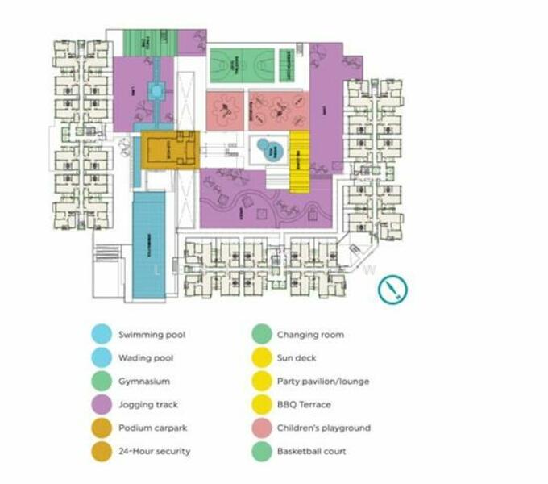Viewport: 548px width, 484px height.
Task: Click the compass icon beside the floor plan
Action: tap(392, 290)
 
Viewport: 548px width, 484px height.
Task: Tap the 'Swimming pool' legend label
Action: tap(152, 335)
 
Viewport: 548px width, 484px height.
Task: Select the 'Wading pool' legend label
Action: tap(145, 358)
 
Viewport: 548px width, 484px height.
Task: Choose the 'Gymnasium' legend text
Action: tap(143, 382)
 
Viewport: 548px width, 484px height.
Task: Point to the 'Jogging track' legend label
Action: tap(147, 405)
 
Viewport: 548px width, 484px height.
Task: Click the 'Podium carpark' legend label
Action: tap(153, 428)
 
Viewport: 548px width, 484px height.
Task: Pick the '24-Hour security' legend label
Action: tap(154, 452)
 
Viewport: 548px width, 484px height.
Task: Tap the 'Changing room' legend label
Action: tap(310, 335)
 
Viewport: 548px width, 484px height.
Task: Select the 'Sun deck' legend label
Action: tap(297, 358)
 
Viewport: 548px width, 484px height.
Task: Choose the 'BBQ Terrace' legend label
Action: tap(304, 405)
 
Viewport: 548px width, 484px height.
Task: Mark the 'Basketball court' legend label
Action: tap(311, 452)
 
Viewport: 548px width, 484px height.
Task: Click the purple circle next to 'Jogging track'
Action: tap(102, 405)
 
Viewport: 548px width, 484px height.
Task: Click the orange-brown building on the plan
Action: tap(170, 150)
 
